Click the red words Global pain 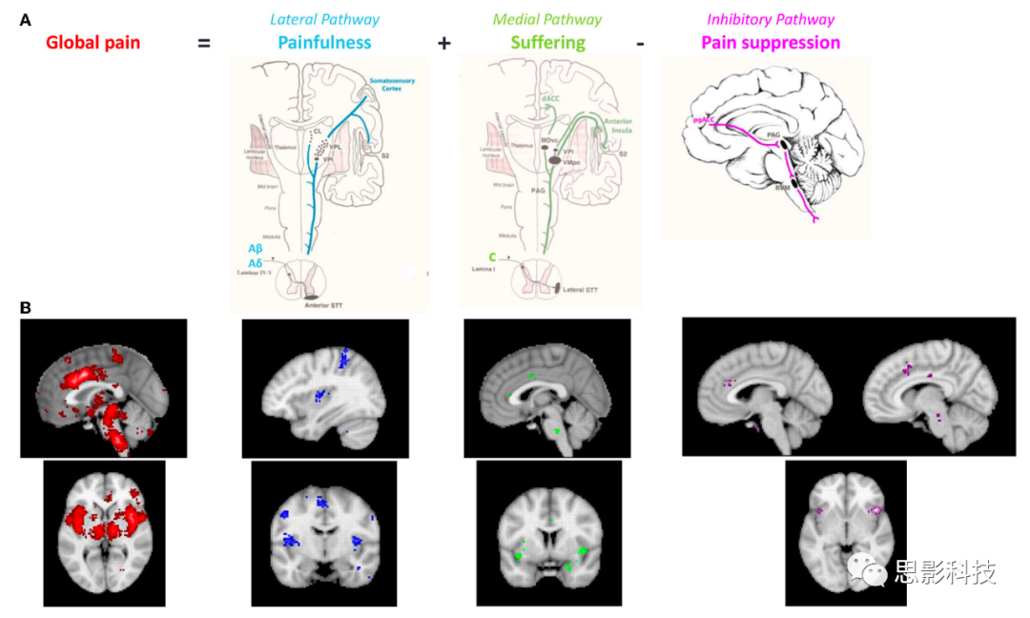click(x=93, y=43)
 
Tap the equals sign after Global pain click(x=203, y=44)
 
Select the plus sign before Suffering click(x=443, y=44)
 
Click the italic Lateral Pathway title click(x=324, y=19)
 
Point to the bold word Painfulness click(x=324, y=43)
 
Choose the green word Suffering click(x=547, y=43)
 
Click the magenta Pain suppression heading click(x=771, y=43)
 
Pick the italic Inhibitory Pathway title click(x=771, y=19)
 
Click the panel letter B click(x=25, y=308)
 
